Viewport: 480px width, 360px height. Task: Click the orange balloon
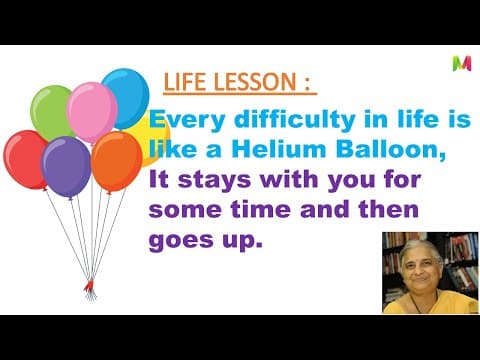click(115, 160)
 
